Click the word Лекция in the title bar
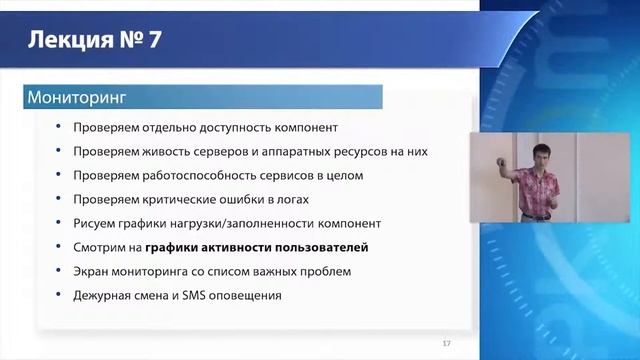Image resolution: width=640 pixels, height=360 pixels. (65, 41)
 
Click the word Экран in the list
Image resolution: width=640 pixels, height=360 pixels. (93, 271)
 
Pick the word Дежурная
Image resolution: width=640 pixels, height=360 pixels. (104, 295)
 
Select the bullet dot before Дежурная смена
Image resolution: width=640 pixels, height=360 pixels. (60, 295)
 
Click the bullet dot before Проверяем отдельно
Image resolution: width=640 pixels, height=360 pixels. (60, 127)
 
